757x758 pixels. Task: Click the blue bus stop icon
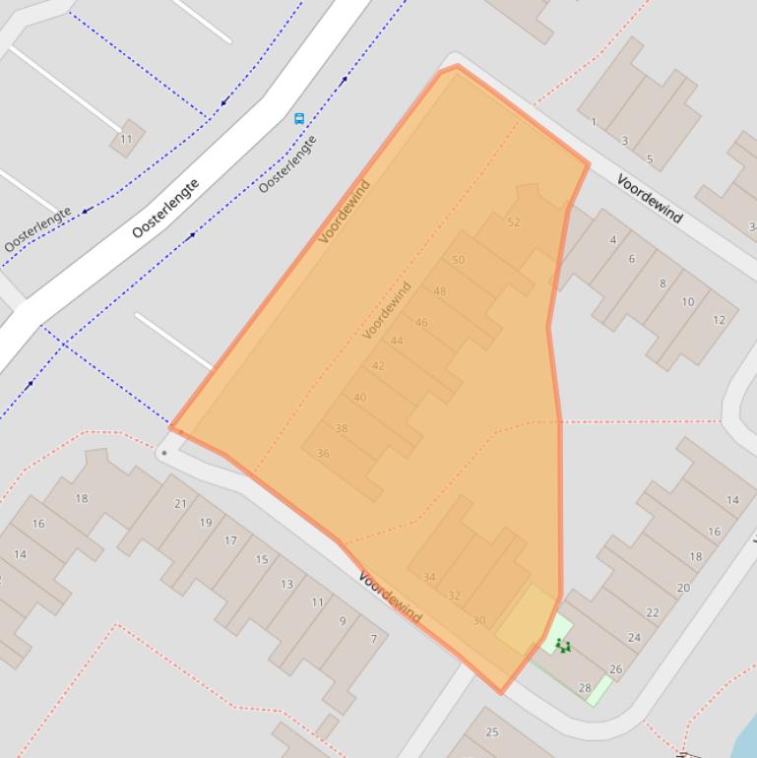pyautogui.click(x=299, y=118)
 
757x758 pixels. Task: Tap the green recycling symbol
pyautogui.click(x=563, y=646)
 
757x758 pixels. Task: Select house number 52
pyautogui.click(x=513, y=222)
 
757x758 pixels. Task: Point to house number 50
pyautogui.click(x=458, y=260)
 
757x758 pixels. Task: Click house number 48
pyautogui.click(x=439, y=291)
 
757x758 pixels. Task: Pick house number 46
pyautogui.click(x=421, y=322)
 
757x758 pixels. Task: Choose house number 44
pyautogui.click(x=397, y=341)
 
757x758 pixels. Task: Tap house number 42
pyautogui.click(x=378, y=365)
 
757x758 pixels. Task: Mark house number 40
pyautogui.click(x=359, y=398)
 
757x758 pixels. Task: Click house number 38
pyautogui.click(x=342, y=428)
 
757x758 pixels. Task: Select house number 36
pyautogui.click(x=323, y=454)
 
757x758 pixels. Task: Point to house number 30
pyautogui.click(x=478, y=620)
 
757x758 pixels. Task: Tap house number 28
pyautogui.click(x=585, y=688)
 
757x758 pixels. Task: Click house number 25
pyautogui.click(x=492, y=731)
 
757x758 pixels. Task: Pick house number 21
pyautogui.click(x=180, y=503)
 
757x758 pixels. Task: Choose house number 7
pyautogui.click(x=373, y=639)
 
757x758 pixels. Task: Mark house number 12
pyautogui.click(x=719, y=319)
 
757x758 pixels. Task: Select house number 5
pyautogui.click(x=650, y=158)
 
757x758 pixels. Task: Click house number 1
pyautogui.click(x=594, y=122)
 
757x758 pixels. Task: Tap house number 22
pyautogui.click(x=653, y=612)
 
